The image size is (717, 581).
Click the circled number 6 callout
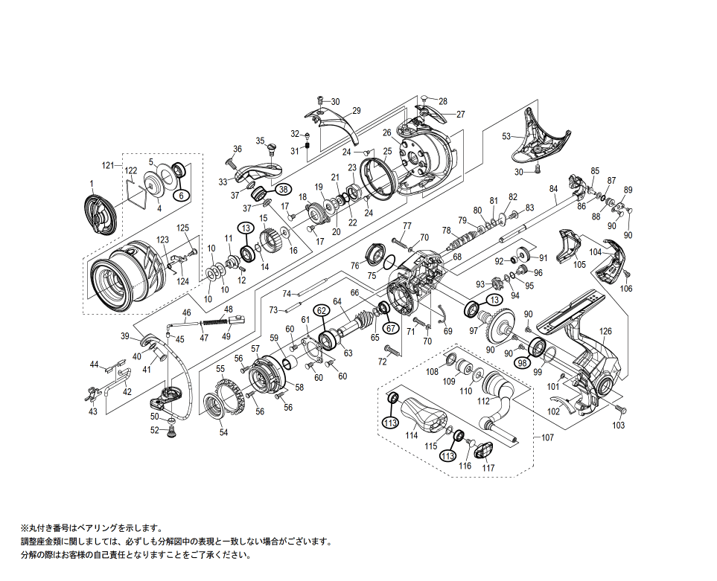coord(179,195)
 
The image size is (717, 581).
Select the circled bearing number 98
coord(523,362)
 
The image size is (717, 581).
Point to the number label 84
coord(553,189)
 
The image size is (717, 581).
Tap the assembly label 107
coord(547,437)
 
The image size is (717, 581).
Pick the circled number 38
coord(283,190)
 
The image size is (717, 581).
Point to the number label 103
coord(619,426)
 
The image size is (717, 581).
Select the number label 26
coord(386,132)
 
